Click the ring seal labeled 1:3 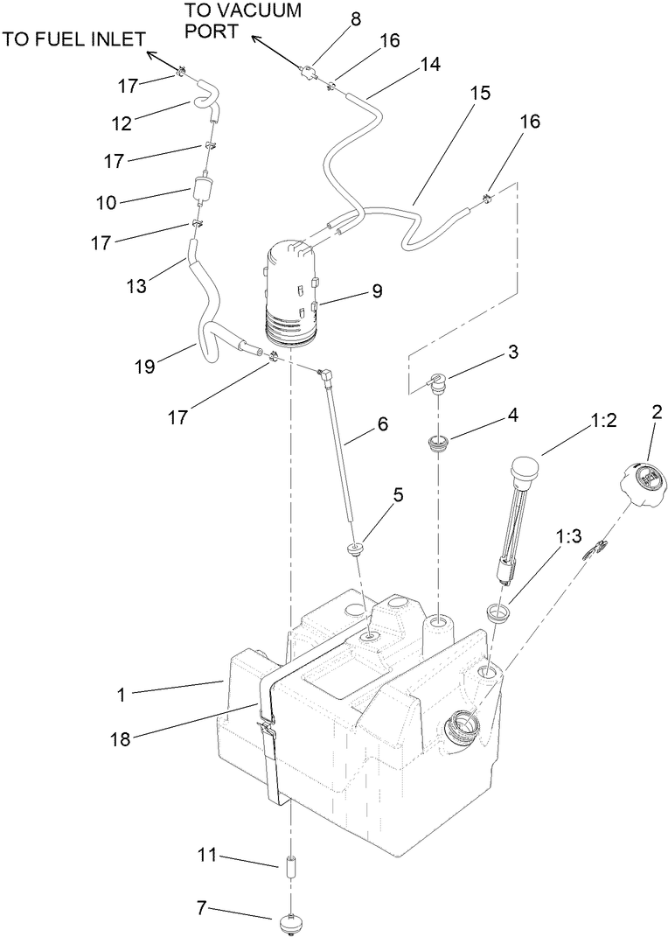(498, 612)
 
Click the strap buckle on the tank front (268, 726)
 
